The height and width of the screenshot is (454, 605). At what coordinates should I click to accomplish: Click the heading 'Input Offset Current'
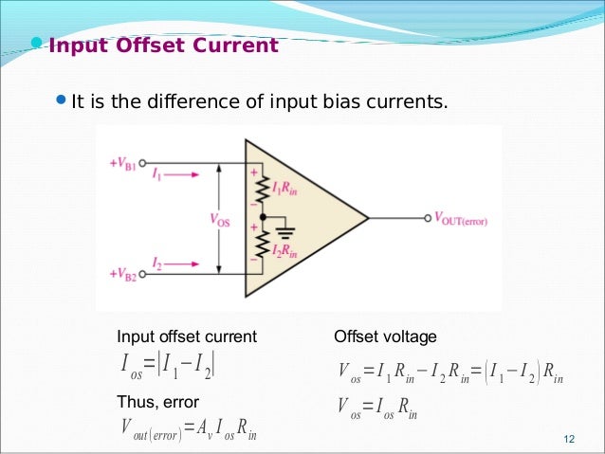[x=163, y=46]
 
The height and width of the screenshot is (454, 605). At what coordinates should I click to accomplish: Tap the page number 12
[x=569, y=438]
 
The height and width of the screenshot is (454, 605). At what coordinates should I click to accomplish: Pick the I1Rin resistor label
[x=285, y=190]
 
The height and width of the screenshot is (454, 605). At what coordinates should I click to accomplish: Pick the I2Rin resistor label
[x=285, y=251]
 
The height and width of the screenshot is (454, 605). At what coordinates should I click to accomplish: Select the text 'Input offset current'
[x=186, y=336]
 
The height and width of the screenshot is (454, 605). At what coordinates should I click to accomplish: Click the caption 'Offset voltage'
[x=385, y=336]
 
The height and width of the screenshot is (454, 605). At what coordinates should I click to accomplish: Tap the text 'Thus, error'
[x=157, y=403]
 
